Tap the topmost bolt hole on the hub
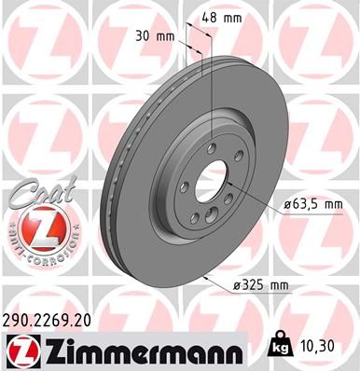click(213, 144)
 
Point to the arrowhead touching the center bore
click(230, 187)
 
